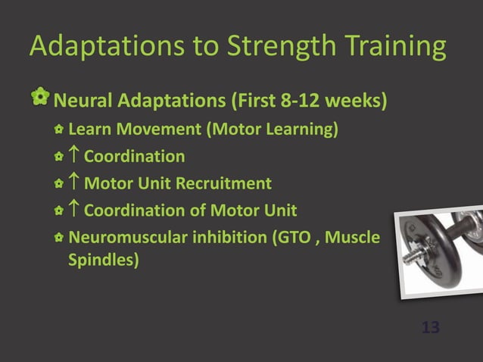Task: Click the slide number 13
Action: click(430, 328)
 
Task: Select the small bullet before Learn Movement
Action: click(58, 130)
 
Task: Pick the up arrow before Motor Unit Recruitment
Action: click(73, 183)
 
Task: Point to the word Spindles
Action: click(104, 262)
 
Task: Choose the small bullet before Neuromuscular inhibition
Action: click(58, 238)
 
